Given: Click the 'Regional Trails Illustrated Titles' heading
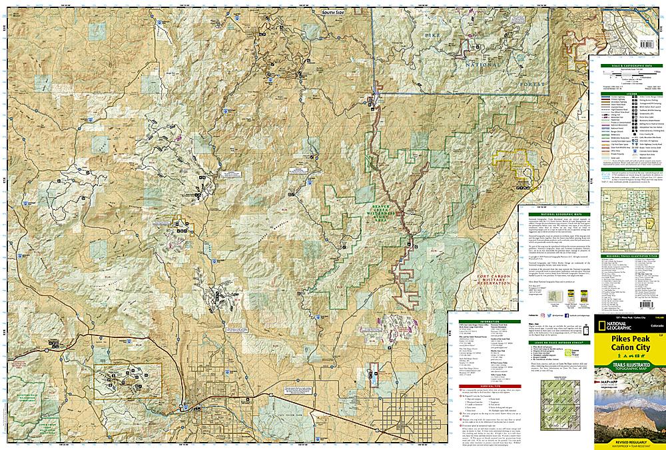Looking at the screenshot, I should coord(627,254).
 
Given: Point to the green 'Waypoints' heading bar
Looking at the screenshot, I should coord(627,169).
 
